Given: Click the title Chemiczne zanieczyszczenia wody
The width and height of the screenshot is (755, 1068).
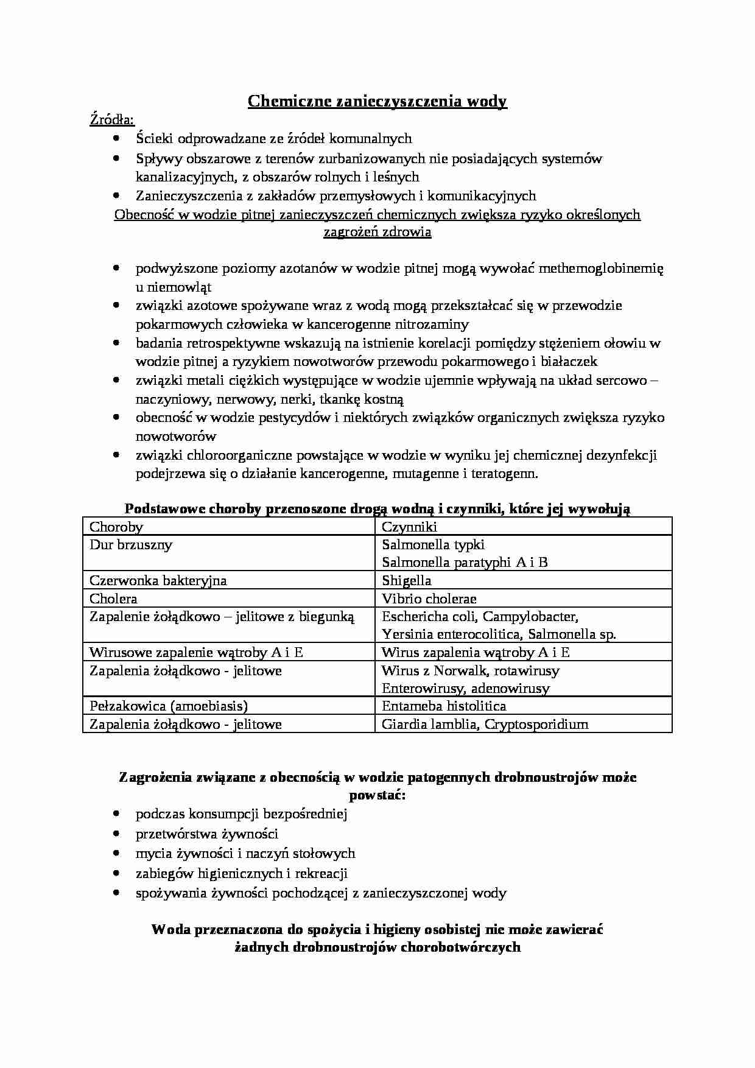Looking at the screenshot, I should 377,101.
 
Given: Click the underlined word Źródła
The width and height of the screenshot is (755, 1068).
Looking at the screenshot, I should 112,120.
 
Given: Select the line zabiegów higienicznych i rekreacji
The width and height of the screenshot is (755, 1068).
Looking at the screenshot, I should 241,873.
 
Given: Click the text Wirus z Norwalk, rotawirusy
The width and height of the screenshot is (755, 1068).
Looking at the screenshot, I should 470,671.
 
